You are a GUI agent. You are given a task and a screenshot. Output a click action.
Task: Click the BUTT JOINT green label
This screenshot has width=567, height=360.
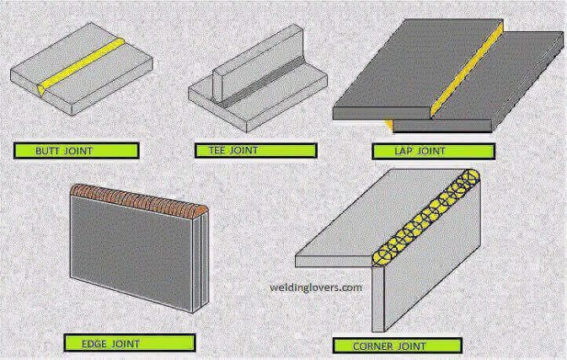pos(77,152)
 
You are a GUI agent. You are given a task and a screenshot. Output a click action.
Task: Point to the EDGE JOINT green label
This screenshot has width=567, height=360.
pos(130,342)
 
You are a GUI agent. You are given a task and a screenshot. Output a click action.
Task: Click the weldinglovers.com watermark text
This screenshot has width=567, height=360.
pos(316,287)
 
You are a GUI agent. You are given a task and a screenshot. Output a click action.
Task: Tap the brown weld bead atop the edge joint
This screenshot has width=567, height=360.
pos(139,200)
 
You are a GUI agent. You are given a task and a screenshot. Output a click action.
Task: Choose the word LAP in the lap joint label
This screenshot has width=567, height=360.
pos(405,153)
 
